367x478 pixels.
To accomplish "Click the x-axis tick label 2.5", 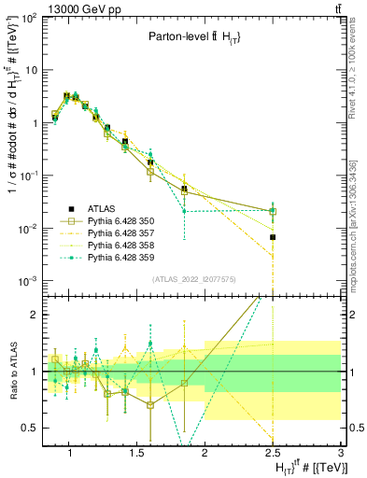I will tap(273, 453).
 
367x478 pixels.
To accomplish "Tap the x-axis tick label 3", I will tap(340, 453).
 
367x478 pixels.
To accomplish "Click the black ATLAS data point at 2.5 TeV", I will tap(273, 237).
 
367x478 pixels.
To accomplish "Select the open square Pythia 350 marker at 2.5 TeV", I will tap(273, 211).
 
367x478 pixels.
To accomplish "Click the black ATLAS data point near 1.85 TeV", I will tap(184, 189).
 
